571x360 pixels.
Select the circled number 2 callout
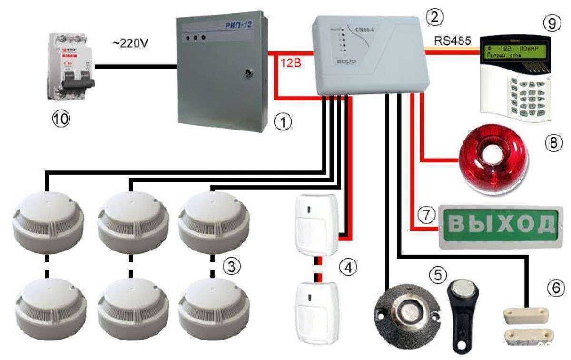click(x=435, y=18)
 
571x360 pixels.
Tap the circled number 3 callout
click(x=231, y=267)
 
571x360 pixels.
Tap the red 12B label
click(x=290, y=64)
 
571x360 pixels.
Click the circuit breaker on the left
click(x=71, y=66)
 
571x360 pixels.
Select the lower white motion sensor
click(x=316, y=310)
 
